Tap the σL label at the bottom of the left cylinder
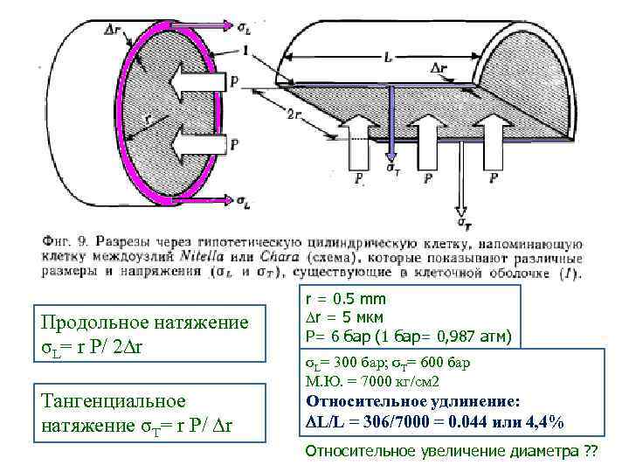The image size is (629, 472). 245,202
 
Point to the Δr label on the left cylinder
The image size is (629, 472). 113,28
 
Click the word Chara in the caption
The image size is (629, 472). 276,257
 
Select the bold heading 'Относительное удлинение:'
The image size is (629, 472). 413,401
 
